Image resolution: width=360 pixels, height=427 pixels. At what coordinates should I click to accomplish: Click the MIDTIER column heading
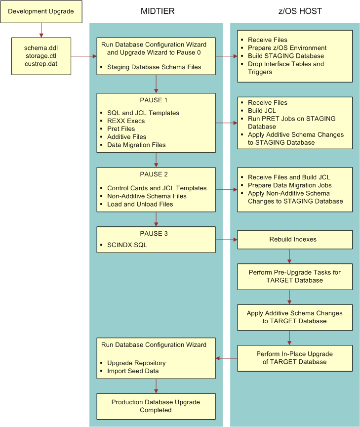point(157,11)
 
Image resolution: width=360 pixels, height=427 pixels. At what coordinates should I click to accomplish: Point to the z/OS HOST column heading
point(295,11)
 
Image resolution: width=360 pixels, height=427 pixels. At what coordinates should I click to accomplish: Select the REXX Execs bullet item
point(126,121)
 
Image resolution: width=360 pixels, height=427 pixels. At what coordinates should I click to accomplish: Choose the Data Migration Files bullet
point(136,145)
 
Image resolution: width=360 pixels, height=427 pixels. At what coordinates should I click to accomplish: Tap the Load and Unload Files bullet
point(140,204)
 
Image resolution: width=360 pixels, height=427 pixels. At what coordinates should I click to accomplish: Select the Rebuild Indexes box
point(295,240)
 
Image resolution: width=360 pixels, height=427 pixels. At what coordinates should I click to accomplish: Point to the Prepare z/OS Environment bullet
point(287,48)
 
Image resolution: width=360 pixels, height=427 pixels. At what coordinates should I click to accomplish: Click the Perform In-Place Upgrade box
point(295,358)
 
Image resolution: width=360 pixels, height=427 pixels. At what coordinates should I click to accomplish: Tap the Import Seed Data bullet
point(132,371)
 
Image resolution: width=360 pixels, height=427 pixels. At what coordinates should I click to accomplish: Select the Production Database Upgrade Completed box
point(156,406)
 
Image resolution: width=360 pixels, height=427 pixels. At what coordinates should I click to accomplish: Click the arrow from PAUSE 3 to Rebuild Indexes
point(226,240)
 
